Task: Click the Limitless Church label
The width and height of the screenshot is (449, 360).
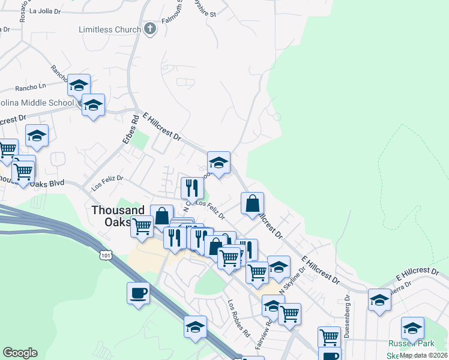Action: coord(109,29)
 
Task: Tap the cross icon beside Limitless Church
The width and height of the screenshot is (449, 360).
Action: coord(150,29)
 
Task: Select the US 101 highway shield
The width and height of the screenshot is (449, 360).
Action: coord(106,256)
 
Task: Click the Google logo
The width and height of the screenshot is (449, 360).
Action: coord(20,353)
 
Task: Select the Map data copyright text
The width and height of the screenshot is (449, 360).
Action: coord(423,355)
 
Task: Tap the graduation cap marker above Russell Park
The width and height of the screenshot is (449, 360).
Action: coord(412,328)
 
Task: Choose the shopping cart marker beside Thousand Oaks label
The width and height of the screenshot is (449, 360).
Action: coord(142,226)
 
